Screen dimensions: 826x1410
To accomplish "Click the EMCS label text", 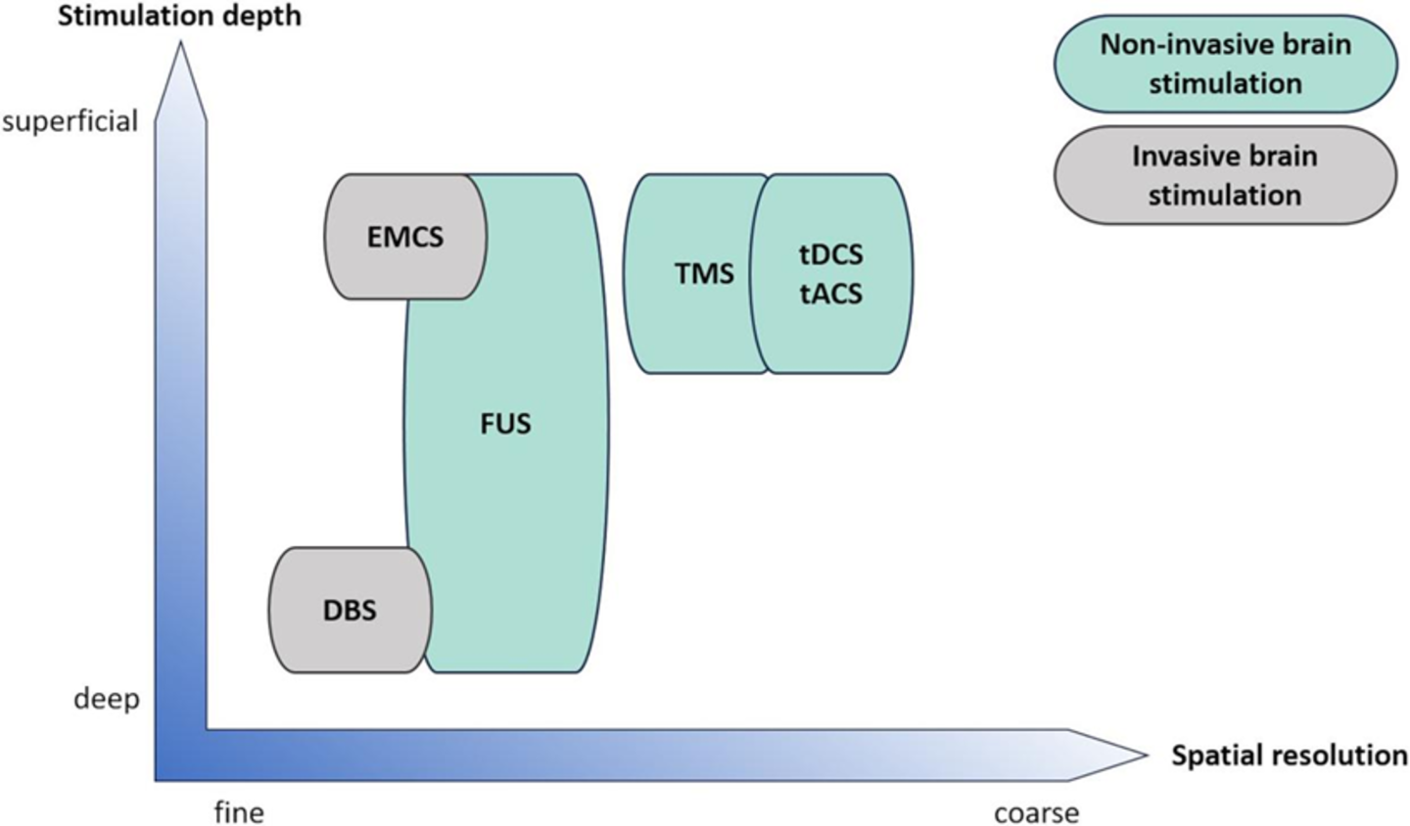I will (405, 237).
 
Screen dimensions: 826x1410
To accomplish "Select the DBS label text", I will (350, 611).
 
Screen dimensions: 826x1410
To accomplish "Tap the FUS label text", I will (505, 424).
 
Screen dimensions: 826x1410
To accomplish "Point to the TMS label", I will (704, 274).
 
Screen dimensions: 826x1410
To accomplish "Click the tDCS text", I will (831, 255).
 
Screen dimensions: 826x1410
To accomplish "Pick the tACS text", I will (831, 294).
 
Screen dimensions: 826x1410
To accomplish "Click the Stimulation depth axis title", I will (179, 17).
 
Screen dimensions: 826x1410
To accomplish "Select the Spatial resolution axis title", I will (1289, 756).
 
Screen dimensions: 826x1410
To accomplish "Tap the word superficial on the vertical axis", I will (70, 121).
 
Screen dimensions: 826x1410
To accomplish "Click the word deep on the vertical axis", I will (107, 700).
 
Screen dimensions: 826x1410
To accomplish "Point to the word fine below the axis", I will (239, 813).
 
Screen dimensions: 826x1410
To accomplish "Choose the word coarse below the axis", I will (1036, 813).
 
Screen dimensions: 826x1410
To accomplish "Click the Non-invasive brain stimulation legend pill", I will (1225, 63).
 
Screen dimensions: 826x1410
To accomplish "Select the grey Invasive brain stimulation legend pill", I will (1225, 175).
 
